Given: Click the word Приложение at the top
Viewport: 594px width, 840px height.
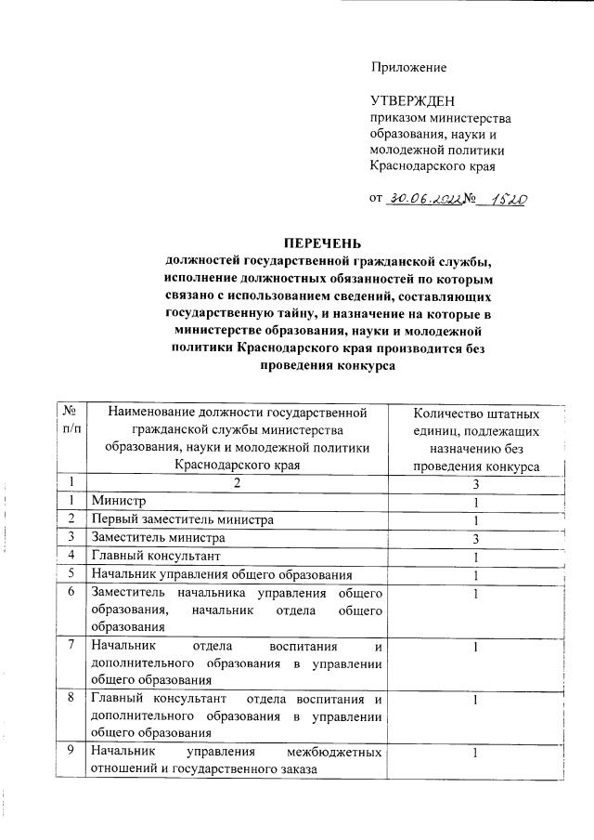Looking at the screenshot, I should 408,67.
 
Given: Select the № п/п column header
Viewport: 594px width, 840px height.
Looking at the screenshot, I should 70,419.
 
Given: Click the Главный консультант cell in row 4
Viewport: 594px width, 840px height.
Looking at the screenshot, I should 155,556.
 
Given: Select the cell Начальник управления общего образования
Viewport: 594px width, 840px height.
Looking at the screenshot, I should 221,574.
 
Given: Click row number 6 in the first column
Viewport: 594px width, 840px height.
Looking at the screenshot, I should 70,593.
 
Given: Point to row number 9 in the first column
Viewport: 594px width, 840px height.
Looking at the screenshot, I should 70,752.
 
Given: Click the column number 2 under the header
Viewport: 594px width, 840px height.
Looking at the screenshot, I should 238,482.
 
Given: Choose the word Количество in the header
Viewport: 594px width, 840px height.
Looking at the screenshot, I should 447,413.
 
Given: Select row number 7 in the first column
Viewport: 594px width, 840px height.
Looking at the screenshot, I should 70,646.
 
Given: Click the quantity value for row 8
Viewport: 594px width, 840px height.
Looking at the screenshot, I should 475,699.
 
